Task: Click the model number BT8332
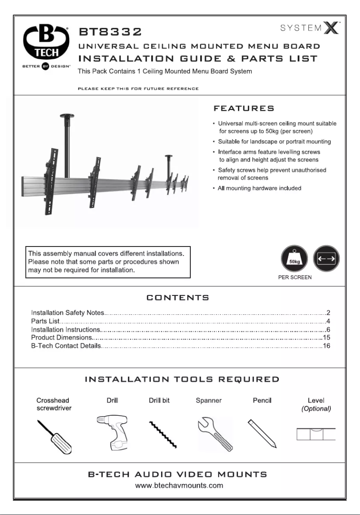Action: coord(110,32)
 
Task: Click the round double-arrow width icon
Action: coord(326,259)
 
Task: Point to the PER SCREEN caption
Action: coord(294,277)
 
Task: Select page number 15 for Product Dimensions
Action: coord(326,337)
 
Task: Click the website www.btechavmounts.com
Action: coord(180,486)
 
